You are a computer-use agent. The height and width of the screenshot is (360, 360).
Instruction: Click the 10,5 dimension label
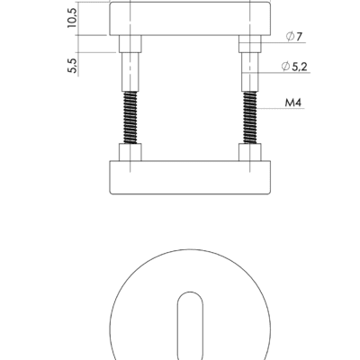pyautogui.click(x=72, y=18)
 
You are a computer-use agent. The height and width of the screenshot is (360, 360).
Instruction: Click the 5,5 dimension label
pyautogui.click(x=72, y=66)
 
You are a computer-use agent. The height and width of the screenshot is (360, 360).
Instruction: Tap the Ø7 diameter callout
pyautogui.click(x=294, y=37)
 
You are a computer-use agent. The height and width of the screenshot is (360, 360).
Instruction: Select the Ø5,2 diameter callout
pyautogui.click(x=294, y=67)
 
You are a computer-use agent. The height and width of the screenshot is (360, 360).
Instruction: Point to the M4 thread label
pyautogui.click(x=292, y=103)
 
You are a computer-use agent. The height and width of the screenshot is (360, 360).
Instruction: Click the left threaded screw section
pyautogui.click(x=130, y=117)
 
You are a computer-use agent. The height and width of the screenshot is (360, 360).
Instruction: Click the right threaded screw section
pyautogui.click(x=250, y=117)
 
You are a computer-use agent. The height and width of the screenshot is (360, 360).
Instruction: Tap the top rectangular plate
pyautogui.click(x=190, y=19)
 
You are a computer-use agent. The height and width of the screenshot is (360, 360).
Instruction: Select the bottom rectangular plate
pyautogui.click(x=190, y=177)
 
